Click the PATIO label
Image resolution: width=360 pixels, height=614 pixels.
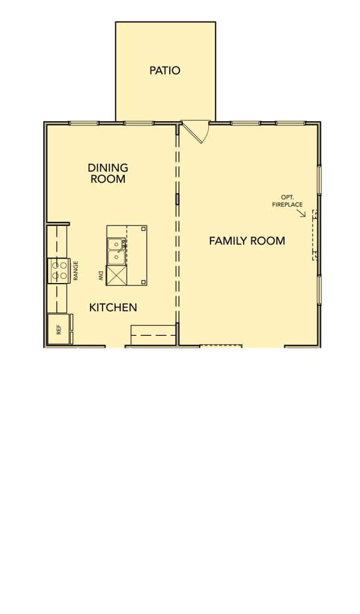[165, 71]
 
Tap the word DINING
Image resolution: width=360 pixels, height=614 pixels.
[108, 168]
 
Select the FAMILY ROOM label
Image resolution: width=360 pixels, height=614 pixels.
[247, 240]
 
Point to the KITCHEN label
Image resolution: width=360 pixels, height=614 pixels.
[113, 308]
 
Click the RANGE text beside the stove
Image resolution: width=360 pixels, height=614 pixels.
[76, 270]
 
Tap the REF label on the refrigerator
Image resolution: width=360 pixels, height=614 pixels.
[59, 330]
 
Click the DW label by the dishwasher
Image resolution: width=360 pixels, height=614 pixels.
[101, 276]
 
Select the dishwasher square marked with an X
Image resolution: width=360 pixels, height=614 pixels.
[116, 275]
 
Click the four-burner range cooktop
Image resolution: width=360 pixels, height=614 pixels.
[58, 270]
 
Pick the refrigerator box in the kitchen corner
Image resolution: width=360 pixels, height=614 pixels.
[58, 329]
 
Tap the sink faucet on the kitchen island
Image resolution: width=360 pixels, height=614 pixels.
[122, 246]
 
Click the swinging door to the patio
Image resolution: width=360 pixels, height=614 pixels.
[196, 131]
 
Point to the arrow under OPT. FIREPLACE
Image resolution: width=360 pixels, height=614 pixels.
[301, 213]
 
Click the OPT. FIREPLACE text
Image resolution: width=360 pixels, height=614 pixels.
[287, 200]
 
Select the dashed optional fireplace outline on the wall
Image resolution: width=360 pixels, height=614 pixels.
[314, 235]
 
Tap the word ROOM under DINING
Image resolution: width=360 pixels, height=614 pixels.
[108, 179]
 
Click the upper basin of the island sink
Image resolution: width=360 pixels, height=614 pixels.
[116, 245]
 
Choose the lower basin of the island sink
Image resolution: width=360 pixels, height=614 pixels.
[116, 257]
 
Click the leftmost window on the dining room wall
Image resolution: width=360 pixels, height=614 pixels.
[84, 124]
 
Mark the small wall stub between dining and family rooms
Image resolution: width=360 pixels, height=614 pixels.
[177, 199]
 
